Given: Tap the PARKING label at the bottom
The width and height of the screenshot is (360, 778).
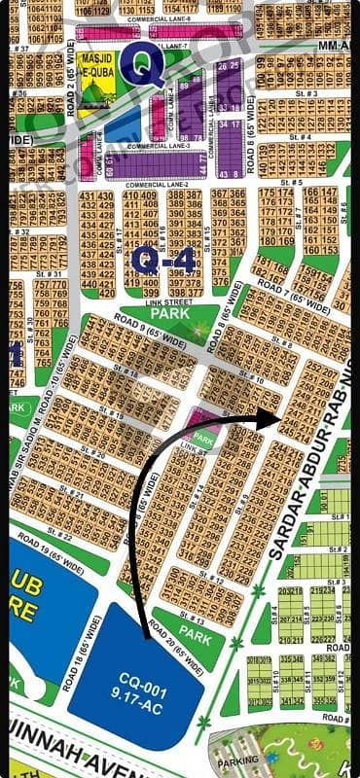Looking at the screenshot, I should click(x=244, y=760).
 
